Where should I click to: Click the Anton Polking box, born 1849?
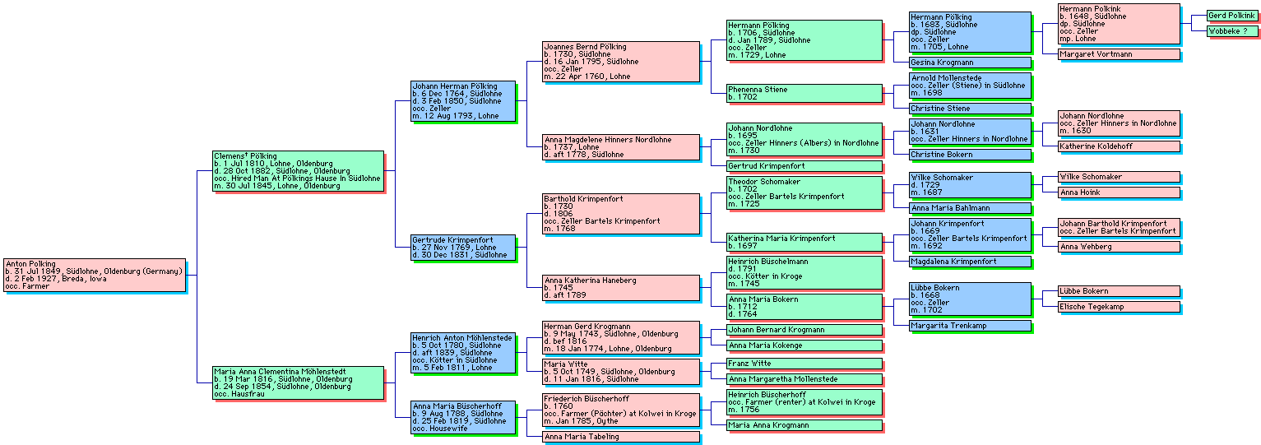95,275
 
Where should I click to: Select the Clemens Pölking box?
298,171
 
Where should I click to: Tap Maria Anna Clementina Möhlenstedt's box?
298,382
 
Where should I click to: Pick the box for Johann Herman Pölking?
463,101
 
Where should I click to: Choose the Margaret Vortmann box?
1118,54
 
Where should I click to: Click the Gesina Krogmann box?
969,63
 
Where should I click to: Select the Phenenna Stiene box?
803,93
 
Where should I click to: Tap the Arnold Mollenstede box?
969,86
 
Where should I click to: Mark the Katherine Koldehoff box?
1118,146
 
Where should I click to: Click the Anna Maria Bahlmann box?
969,208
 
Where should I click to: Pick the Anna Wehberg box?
1118,247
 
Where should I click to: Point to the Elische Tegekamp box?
1118,307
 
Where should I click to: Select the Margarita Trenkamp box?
969,326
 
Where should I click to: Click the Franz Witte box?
803,364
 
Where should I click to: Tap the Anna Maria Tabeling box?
620,437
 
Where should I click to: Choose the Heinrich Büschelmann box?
803,272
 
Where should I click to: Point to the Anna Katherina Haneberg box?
620,287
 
